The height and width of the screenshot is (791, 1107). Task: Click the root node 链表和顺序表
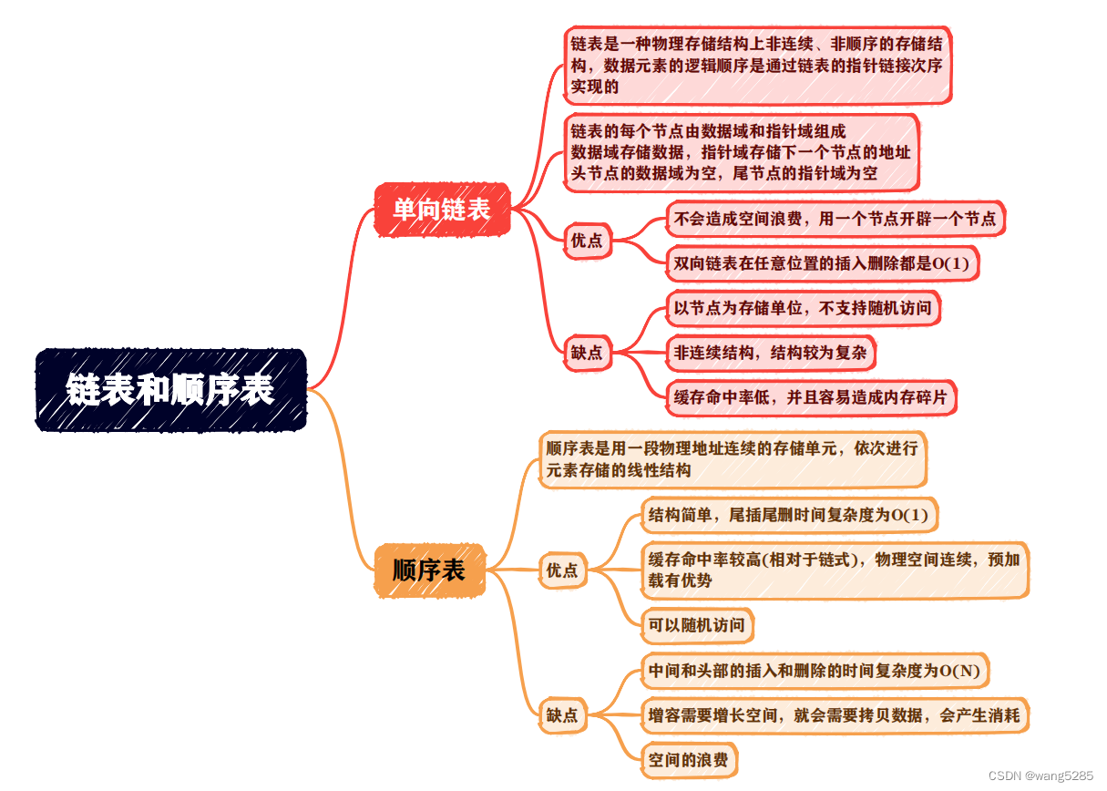(x=170, y=390)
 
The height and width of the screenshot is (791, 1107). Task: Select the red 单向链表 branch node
(x=442, y=210)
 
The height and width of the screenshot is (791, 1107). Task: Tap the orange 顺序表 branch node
(x=429, y=570)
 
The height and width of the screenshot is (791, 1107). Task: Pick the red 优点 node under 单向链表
(x=587, y=241)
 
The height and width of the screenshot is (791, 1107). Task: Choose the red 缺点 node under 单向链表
(x=587, y=353)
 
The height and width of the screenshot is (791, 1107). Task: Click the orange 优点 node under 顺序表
(x=561, y=570)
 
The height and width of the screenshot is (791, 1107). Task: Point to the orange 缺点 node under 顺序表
(x=561, y=715)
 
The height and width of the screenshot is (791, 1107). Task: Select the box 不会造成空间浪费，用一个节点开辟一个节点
(x=835, y=219)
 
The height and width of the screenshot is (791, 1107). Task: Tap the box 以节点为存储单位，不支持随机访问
(x=803, y=308)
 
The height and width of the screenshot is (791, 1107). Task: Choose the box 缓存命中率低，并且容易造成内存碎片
(x=811, y=397)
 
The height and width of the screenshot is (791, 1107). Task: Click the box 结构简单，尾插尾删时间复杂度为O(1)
(x=788, y=516)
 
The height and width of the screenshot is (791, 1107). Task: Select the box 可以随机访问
(x=697, y=625)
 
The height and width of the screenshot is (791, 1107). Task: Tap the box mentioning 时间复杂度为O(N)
(x=815, y=671)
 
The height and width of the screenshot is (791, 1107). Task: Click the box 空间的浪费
(x=688, y=759)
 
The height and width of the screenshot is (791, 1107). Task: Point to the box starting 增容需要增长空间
(x=834, y=715)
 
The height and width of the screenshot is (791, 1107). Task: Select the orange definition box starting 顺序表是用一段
(x=732, y=459)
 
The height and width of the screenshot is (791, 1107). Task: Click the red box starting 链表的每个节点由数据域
(x=741, y=152)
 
